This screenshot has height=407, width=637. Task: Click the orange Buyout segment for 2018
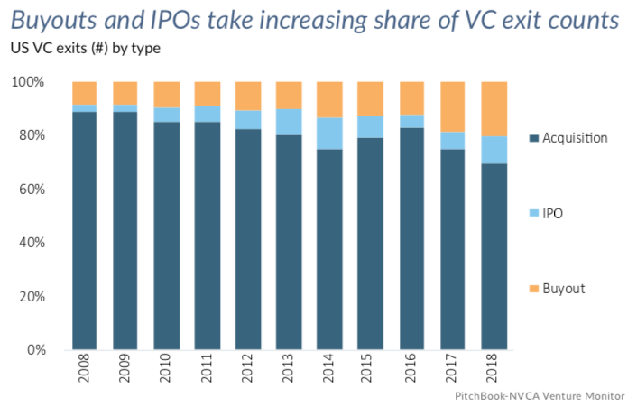tap(494, 108)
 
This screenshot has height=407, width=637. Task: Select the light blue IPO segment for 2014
tap(329, 133)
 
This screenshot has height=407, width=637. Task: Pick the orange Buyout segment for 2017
tap(453, 106)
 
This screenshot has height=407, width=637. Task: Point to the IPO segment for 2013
tap(289, 122)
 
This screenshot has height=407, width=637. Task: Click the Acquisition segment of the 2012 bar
tap(248, 239)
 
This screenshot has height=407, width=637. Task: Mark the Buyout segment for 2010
tap(166, 94)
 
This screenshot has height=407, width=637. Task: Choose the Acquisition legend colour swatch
tap(535, 138)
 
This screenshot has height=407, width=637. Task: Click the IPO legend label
tap(559, 214)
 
